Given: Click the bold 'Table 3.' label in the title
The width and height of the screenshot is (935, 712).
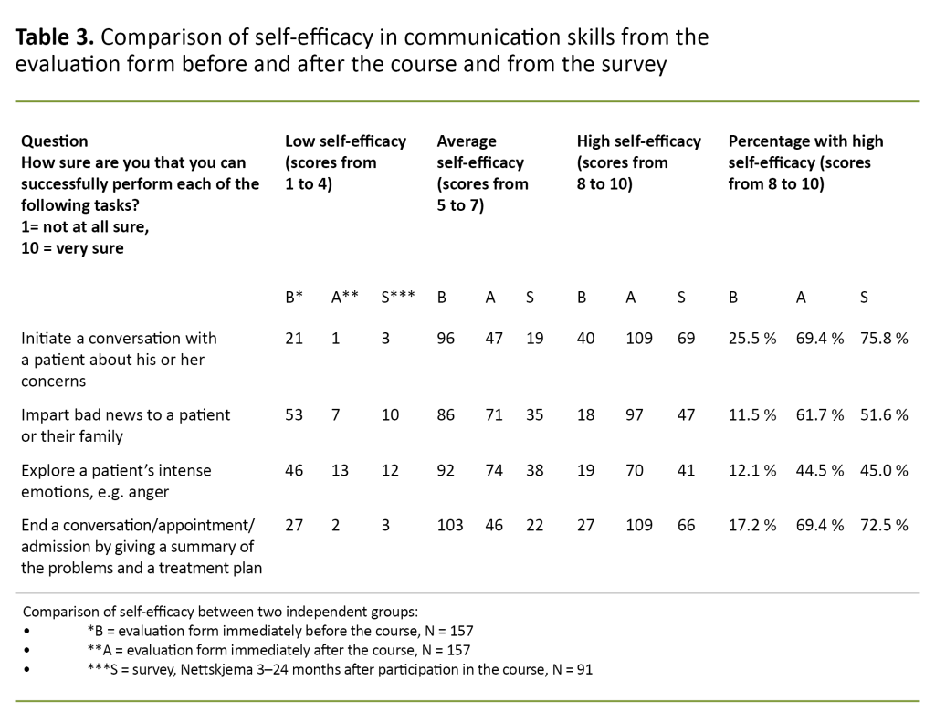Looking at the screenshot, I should [x=56, y=38].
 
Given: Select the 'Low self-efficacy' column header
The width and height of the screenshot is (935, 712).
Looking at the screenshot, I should [x=345, y=141].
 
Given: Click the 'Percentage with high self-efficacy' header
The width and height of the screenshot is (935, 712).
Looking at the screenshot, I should [x=805, y=141].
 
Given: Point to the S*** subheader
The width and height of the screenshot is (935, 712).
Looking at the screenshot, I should [x=399, y=296].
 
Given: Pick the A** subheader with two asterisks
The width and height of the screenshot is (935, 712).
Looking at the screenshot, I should [x=344, y=296].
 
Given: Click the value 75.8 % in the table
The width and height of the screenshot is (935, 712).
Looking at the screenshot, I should [x=884, y=339].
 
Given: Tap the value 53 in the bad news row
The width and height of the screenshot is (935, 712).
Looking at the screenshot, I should [x=294, y=415].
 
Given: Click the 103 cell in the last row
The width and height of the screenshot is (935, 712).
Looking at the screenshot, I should [x=450, y=525].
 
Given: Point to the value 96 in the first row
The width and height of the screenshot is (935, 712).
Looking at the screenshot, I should [x=446, y=339].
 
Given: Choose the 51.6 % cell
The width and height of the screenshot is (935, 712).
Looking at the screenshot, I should [x=884, y=415].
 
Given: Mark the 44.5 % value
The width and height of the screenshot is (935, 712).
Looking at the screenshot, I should [x=818, y=471].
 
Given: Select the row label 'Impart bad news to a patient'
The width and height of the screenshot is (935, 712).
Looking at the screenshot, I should [x=125, y=415].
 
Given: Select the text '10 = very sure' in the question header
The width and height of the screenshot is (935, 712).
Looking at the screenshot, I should [x=72, y=248].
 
